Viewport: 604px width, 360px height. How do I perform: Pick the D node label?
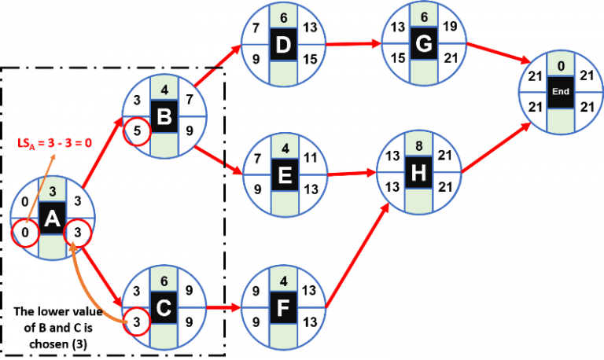pyautogui.click(x=283, y=46)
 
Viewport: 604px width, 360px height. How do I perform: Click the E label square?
pyautogui.click(x=283, y=174)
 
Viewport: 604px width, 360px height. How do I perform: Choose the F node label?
pyautogui.click(x=283, y=310)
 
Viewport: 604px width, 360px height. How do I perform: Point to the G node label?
pyautogui.click(x=423, y=46)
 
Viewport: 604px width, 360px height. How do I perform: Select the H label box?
pyautogui.click(x=423, y=174)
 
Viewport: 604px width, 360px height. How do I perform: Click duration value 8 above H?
pyautogui.click(x=423, y=145)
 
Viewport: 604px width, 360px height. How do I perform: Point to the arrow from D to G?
pyautogui.click(x=352, y=45)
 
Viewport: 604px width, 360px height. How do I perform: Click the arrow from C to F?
pyautogui.click(x=224, y=310)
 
